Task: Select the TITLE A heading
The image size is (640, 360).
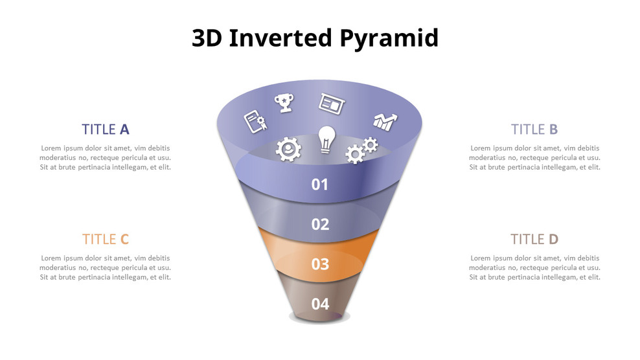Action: (106, 129)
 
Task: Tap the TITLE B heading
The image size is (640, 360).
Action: (534, 129)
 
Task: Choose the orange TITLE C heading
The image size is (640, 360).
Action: (106, 239)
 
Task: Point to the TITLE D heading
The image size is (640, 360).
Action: (534, 239)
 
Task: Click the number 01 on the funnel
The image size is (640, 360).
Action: (320, 185)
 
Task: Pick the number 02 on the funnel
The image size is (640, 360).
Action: (320, 225)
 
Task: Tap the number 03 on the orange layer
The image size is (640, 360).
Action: (320, 264)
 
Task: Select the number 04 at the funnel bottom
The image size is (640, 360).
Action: (320, 304)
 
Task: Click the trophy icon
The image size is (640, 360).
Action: (284, 102)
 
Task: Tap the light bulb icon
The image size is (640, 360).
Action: (326, 139)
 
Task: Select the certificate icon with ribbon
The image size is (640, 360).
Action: (255, 121)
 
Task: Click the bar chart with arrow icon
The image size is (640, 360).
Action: (385, 121)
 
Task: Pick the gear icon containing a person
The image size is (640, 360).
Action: (288, 149)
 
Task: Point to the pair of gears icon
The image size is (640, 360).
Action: (361, 150)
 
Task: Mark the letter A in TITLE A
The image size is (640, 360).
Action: (124, 129)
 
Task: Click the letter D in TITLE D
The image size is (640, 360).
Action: (553, 239)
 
